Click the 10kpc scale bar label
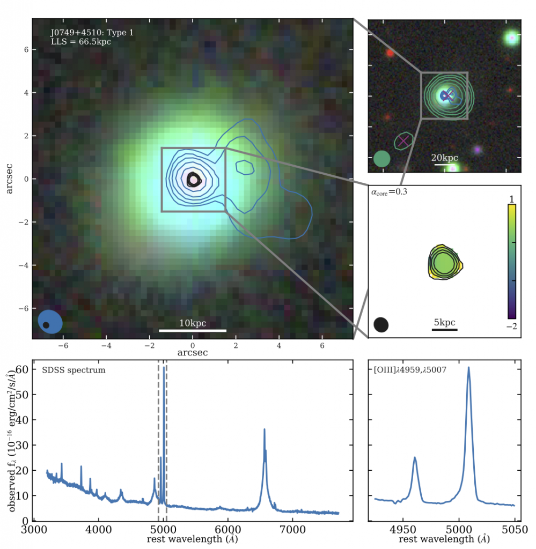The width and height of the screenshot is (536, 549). point(193,323)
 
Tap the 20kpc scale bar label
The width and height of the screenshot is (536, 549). point(445,158)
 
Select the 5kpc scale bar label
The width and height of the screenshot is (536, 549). point(444,322)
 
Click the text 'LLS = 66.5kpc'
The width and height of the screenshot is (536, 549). point(80,41)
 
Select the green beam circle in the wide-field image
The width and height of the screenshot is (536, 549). point(381,158)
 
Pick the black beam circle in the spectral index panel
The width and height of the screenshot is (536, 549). point(381,324)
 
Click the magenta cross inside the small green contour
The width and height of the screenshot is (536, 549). point(403,140)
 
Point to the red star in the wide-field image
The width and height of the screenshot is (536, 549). point(390,53)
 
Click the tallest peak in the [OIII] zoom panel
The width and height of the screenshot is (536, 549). point(468,368)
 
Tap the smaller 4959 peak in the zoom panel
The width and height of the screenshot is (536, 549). point(415,458)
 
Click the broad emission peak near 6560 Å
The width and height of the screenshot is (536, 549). point(265,430)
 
